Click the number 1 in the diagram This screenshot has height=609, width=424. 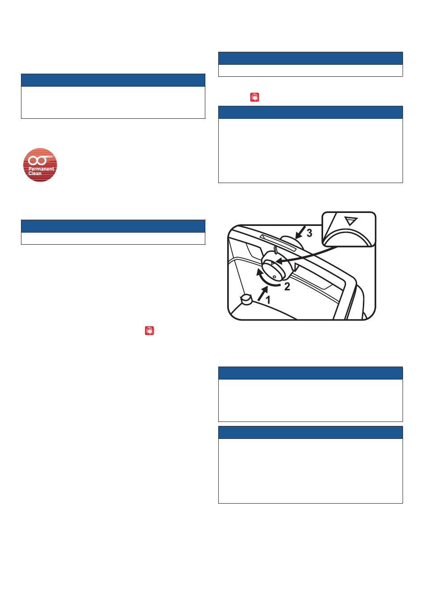pos(268,300)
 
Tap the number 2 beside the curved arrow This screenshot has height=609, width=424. pos(287,286)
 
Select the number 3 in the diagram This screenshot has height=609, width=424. pos(309,233)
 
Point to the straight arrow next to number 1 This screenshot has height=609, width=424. pos(262,293)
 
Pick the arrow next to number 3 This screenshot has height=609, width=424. pos(300,233)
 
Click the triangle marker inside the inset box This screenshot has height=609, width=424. pos(351,221)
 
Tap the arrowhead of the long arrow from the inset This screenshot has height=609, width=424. pos(279,261)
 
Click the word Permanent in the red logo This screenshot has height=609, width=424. pos(42,169)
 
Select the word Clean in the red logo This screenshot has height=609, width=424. pos(35,173)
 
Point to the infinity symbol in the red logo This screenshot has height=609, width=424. pos(37,161)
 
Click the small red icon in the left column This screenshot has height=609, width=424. pos(150,330)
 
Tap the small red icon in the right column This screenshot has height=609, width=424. pos(255,97)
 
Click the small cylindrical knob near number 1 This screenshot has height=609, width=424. pos(247,299)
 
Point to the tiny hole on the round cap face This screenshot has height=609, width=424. pos(274,277)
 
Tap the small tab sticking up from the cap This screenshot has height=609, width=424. pos(276,250)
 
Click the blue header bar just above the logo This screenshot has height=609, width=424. pos(113,80)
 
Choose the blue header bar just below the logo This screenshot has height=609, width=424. pos(113,226)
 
